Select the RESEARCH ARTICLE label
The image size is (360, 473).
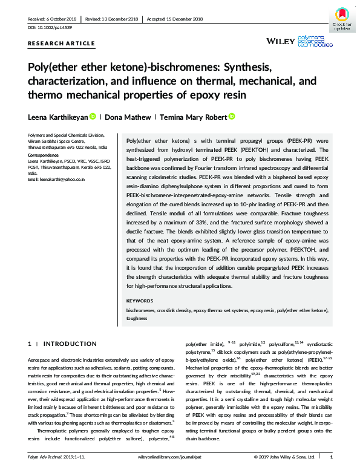point(61,43)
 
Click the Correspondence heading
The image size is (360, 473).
point(45,155)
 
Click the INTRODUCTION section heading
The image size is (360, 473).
point(66,344)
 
